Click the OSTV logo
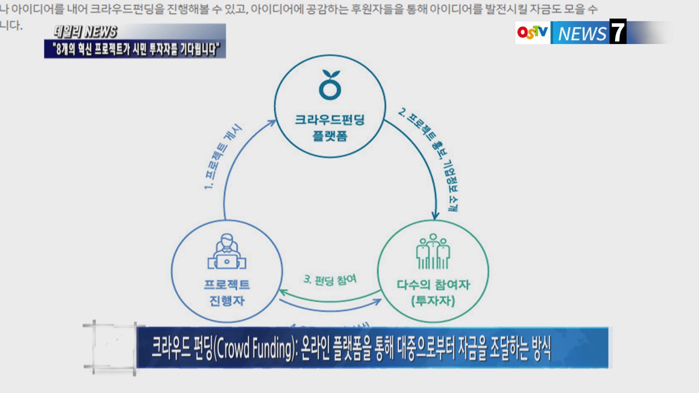click(532, 33)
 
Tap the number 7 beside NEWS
click(617, 32)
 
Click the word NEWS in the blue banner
click(582, 34)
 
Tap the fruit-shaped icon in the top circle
click(330, 86)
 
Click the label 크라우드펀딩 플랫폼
click(330, 128)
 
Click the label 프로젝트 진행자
click(227, 293)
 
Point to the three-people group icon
click(433, 251)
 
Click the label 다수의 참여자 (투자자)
click(433, 293)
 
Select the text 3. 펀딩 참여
click(330, 280)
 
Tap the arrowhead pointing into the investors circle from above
click(434, 216)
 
